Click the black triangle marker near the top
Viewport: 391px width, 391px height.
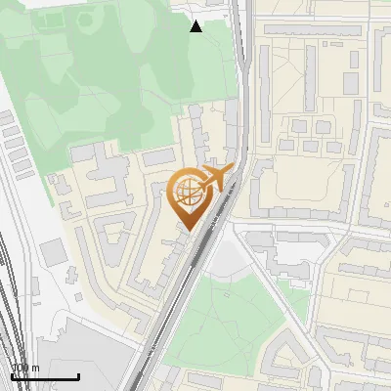point(196,26)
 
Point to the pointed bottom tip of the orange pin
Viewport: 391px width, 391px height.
point(188,231)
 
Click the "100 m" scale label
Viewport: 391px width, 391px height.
point(25,368)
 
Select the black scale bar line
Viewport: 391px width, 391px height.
point(45,376)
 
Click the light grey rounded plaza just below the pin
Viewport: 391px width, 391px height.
point(227,259)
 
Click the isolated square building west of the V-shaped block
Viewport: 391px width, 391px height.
point(54,252)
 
